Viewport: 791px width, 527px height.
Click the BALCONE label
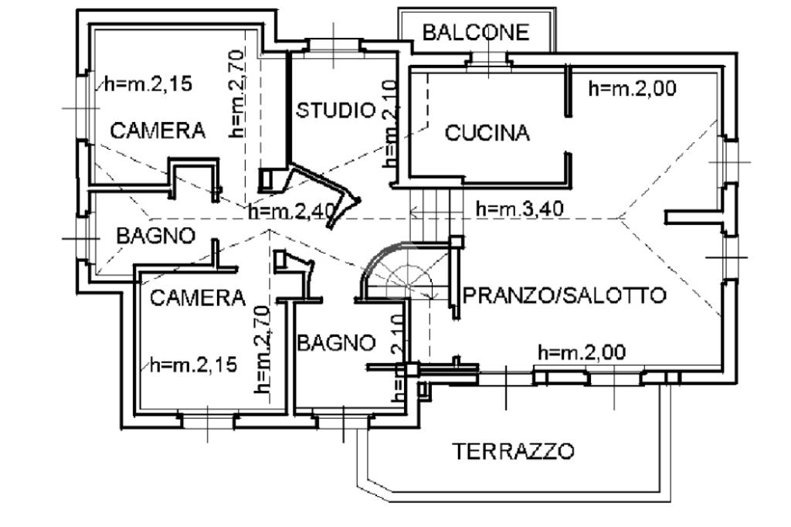point(476,32)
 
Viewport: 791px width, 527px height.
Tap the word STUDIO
point(335,110)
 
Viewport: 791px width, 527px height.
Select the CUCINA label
point(487,133)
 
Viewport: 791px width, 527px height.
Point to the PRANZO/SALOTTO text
point(563,295)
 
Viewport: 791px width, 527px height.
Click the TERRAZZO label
point(513,450)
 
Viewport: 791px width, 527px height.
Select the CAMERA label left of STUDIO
point(158,131)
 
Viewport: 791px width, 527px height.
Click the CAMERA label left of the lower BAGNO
point(197,297)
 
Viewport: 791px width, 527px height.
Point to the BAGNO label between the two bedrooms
point(155,236)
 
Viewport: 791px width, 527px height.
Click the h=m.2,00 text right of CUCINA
point(632,89)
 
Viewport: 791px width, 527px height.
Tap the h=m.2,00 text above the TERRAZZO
point(581,353)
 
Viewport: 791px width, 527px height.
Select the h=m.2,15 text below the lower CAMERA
point(194,364)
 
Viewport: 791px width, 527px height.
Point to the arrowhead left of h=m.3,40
point(416,209)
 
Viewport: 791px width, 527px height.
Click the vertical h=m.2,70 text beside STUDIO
point(237,93)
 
